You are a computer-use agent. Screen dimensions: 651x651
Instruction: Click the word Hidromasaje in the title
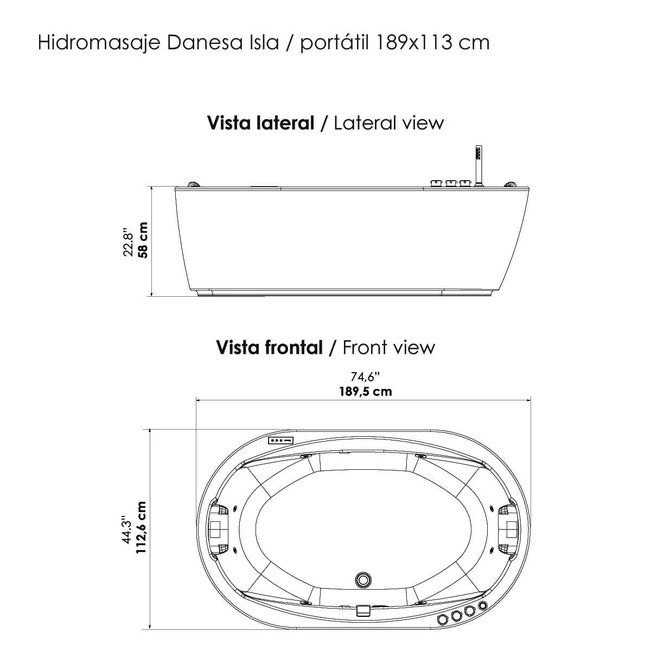(99, 43)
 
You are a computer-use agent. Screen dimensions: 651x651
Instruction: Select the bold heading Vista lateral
(261, 123)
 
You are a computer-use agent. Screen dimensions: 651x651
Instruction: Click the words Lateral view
(388, 123)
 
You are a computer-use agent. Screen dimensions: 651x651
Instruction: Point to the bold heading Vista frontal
(270, 347)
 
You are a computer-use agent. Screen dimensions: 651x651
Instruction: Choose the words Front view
(389, 347)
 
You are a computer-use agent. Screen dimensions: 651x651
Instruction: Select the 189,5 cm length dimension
(366, 392)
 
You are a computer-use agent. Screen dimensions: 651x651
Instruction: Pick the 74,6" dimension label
(366, 376)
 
